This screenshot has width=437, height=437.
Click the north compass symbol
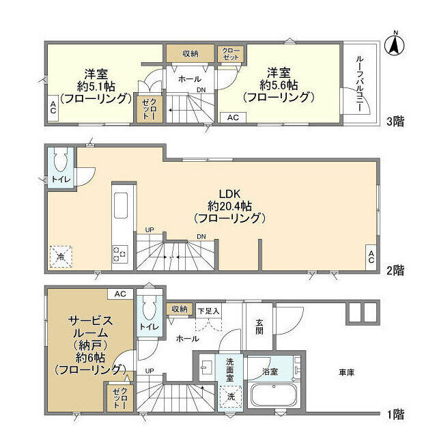pyautogui.click(x=395, y=44)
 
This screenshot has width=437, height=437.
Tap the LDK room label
pyautogui.click(x=229, y=194)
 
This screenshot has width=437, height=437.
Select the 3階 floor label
pyautogui.click(x=395, y=122)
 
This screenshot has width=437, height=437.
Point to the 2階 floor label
pyautogui.click(x=395, y=270)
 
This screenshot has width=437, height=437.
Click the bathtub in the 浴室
pyautogui.click(x=274, y=396)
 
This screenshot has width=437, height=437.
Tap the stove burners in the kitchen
pyautogui.click(x=120, y=254)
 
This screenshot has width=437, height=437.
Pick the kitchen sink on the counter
pyautogui.click(x=121, y=206)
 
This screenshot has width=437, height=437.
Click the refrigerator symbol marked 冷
pyautogui.click(x=61, y=257)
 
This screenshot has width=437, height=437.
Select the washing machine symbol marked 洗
pyautogui.click(x=231, y=396)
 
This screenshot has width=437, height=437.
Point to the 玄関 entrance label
pyautogui.click(x=259, y=327)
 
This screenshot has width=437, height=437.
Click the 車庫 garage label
pyautogui.click(x=347, y=372)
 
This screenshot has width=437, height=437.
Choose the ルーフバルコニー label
pyautogui.click(x=360, y=84)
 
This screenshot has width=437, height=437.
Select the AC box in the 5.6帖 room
pyautogui.click(x=233, y=117)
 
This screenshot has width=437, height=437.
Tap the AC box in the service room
pyautogui.click(x=120, y=294)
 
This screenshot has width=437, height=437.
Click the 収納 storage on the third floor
pyautogui.click(x=191, y=53)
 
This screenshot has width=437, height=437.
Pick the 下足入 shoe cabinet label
pyautogui.click(x=209, y=311)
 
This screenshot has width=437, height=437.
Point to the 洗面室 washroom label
pyautogui.click(x=229, y=370)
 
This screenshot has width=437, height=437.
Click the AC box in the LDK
pyautogui.click(x=371, y=257)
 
